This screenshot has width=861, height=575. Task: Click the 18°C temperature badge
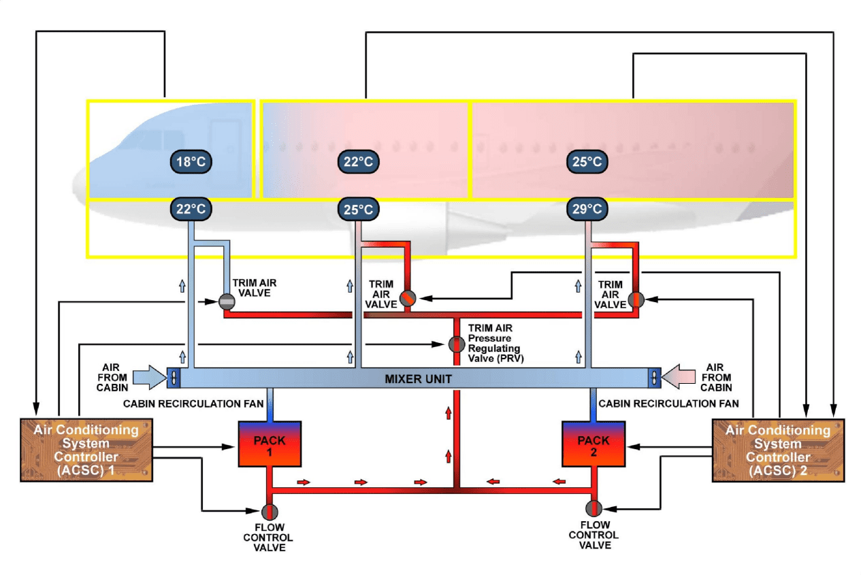pyautogui.click(x=191, y=162)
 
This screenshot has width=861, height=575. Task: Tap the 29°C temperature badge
pyautogui.click(x=587, y=209)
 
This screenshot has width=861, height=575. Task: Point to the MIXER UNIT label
pyautogui.click(x=418, y=378)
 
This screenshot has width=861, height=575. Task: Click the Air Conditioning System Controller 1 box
pyautogui.click(x=86, y=450)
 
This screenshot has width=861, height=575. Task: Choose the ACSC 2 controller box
pyautogui.click(x=777, y=450)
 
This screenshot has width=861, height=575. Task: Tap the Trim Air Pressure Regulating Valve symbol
pyautogui.click(x=456, y=344)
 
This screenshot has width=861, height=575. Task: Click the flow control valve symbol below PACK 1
pyautogui.click(x=270, y=512)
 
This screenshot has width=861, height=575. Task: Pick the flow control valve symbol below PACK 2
pyautogui.click(x=594, y=508)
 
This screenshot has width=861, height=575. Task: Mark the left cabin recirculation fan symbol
pyautogui.click(x=174, y=377)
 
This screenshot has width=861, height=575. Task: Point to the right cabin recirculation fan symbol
pyautogui.click(x=653, y=377)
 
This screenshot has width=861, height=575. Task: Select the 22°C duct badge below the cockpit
pyautogui.click(x=191, y=209)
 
